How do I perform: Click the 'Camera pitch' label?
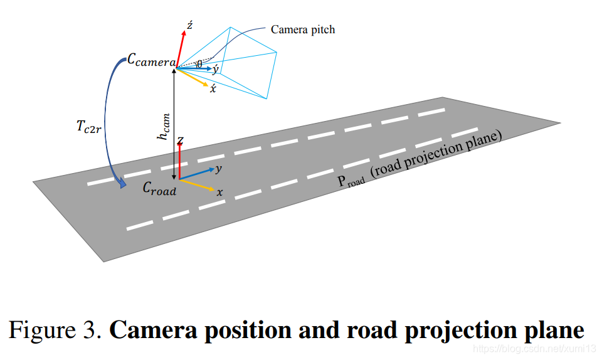[x=302, y=29]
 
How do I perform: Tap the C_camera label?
[x=151, y=61]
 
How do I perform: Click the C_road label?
[x=159, y=188]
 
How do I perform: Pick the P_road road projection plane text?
[x=420, y=160]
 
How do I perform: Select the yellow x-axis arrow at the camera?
[x=194, y=76]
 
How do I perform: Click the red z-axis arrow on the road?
[x=180, y=160]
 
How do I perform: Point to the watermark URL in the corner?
[x=533, y=348]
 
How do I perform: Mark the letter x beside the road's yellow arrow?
[x=219, y=193]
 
